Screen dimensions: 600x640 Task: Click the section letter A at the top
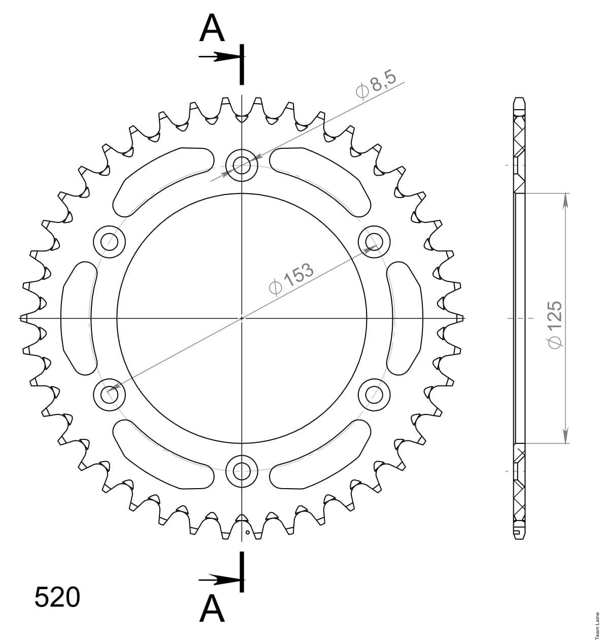click(x=212, y=28)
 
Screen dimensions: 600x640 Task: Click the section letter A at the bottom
click(x=212, y=609)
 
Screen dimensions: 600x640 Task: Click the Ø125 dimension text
click(x=555, y=325)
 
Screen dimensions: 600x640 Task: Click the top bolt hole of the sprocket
click(x=242, y=166)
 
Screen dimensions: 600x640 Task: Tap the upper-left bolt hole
click(x=110, y=242)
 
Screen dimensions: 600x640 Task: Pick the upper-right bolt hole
click(x=374, y=242)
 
